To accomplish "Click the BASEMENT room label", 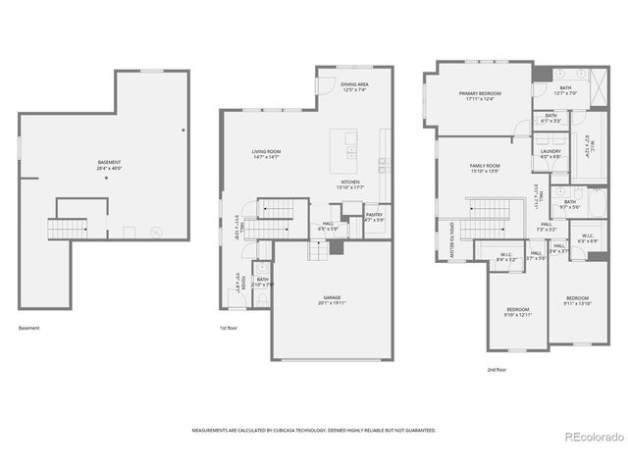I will pos(110,164).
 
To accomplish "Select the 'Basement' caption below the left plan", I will pos(29,327).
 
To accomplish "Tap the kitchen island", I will pos(344,146).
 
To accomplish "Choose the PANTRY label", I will pos(374,217).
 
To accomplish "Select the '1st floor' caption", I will pos(231,327).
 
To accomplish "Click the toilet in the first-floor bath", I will pos(261,268).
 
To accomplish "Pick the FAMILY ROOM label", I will pos(485,168).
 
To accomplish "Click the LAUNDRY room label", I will pos(550,152).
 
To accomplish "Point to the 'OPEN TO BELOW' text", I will pos(452,239).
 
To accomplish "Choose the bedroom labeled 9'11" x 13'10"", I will pos(577,301).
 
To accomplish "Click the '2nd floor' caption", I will pos(497,370).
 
